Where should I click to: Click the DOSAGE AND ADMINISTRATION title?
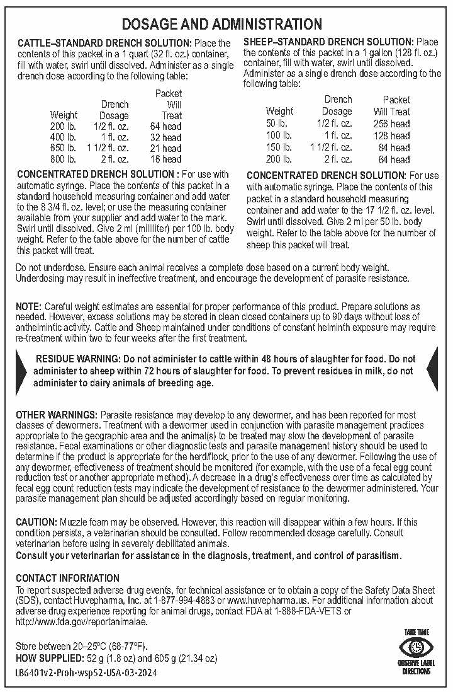tap(221, 25)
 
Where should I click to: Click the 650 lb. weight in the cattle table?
tap(63, 147)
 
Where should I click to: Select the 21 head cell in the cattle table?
tap(166, 147)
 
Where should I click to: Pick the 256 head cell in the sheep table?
tap(391, 124)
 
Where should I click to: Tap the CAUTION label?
tap(36, 522)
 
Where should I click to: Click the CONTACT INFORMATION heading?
tap(67, 578)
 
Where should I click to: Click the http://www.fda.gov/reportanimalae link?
tap(81, 622)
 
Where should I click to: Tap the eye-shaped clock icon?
tap(417, 647)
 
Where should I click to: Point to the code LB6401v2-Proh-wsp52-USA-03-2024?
tap(86, 673)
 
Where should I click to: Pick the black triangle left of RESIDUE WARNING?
tap(25, 371)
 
